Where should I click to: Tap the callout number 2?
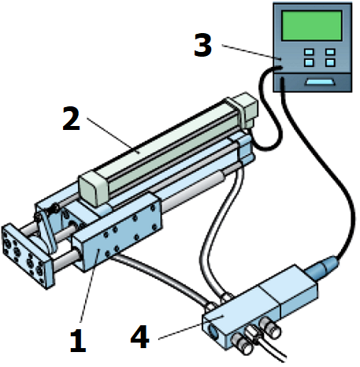pyautogui.click(x=71, y=119)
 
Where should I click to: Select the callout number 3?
pyautogui.click(x=202, y=45)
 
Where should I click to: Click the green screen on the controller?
pyautogui.click(x=312, y=26)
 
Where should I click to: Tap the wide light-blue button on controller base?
pyautogui.click(x=321, y=82)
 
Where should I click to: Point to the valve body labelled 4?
pyautogui.click(x=260, y=307)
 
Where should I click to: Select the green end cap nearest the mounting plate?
pyautogui.click(x=94, y=188)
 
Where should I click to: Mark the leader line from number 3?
pyautogui.click(x=251, y=52)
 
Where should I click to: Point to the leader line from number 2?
pyautogui.click(x=113, y=135)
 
